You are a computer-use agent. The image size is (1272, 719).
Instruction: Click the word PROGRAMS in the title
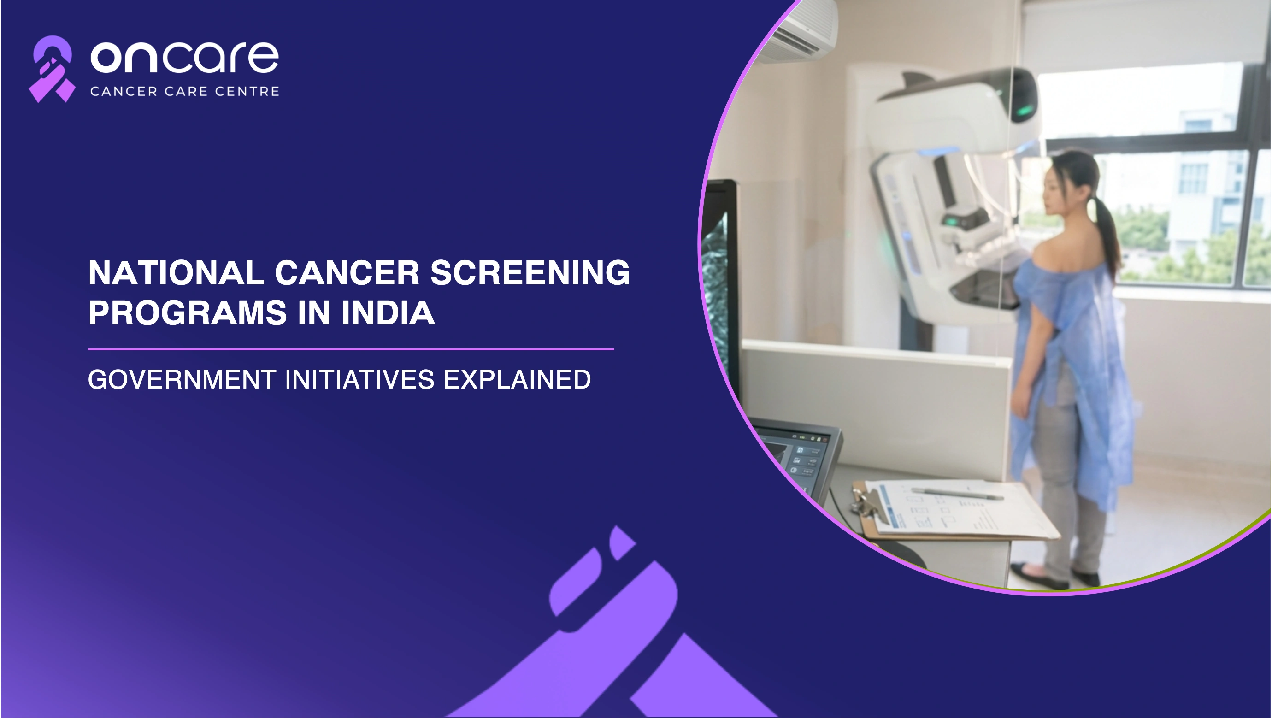188,312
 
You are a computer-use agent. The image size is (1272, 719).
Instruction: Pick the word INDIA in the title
388,312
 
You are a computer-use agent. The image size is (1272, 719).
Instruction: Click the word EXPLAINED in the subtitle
517,379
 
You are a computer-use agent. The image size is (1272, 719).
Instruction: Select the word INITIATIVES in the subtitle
359,379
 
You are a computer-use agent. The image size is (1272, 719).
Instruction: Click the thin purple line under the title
351,349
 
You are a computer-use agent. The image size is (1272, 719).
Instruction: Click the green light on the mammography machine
1024,109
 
